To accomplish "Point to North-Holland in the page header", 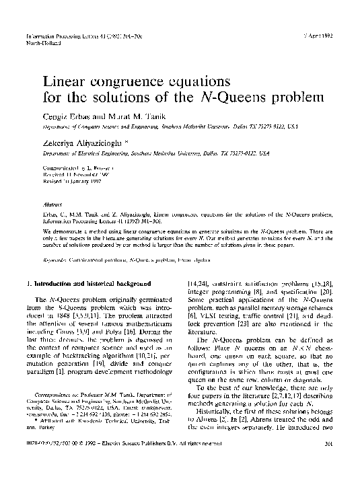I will (41, 42).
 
